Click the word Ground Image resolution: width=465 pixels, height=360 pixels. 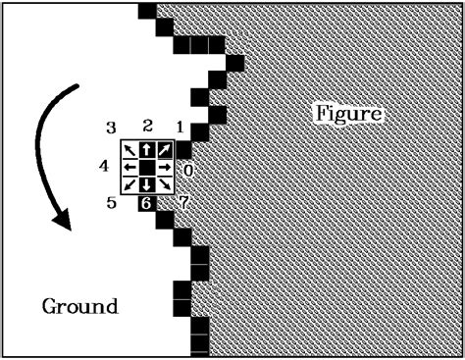(79, 306)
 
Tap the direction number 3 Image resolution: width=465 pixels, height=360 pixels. (112, 128)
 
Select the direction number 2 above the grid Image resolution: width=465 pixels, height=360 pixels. (147, 126)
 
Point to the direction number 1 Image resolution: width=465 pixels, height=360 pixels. (180, 128)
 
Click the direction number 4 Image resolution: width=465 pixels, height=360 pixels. (103, 166)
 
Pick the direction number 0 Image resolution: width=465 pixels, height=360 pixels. (187, 170)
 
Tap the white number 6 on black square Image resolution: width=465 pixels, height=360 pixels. (146, 204)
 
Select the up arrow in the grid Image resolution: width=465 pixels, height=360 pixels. (146, 150)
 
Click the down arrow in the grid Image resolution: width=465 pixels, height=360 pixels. (146, 184)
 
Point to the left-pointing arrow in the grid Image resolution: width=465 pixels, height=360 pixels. (129, 168)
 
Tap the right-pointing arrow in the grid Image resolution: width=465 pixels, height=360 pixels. (164, 168)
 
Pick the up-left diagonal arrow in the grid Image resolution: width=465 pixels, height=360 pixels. (129, 150)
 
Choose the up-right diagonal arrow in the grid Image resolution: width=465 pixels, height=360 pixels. (164, 150)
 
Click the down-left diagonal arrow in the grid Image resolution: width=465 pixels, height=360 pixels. (129, 184)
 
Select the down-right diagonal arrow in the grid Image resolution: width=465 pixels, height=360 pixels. (164, 184)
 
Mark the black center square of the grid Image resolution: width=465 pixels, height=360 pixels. (146, 168)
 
